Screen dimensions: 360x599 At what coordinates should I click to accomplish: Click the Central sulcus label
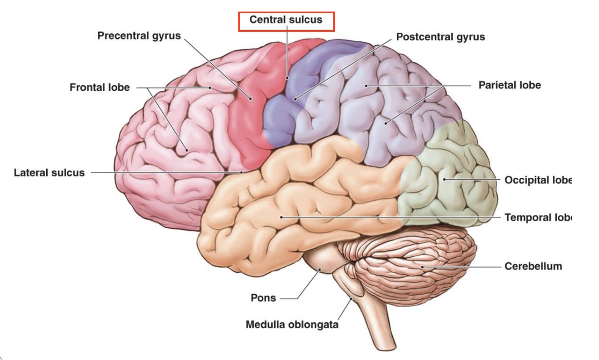(x=286, y=20)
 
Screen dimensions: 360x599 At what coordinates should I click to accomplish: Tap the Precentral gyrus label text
(x=139, y=35)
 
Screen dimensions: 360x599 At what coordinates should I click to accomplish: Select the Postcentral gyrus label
(x=440, y=37)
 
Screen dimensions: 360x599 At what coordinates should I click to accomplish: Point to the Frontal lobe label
(x=99, y=88)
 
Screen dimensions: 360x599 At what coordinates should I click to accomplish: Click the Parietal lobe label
(x=509, y=85)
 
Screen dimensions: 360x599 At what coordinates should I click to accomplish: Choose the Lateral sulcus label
(x=49, y=172)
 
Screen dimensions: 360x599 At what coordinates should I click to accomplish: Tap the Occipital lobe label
(x=537, y=180)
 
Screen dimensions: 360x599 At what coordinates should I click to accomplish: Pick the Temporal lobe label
(x=537, y=218)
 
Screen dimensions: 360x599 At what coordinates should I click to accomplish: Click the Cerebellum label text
(x=533, y=266)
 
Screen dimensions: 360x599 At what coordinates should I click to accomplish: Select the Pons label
(x=263, y=298)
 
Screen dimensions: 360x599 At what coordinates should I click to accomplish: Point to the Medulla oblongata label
(x=292, y=324)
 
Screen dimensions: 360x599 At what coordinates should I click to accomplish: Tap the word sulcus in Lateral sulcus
(x=67, y=172)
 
